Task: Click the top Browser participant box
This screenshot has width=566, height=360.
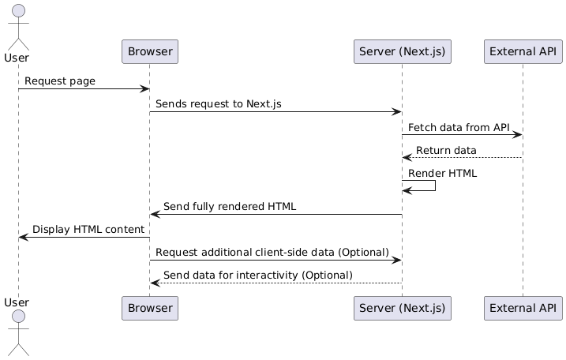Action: (150, 52)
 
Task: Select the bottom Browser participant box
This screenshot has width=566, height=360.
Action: (150, 309)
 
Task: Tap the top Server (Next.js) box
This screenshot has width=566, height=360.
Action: (403, 52)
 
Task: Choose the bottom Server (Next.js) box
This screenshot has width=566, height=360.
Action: (403, 309)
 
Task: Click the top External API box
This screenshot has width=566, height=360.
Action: (523, 52)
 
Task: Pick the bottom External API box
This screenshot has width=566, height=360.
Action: (523, 309)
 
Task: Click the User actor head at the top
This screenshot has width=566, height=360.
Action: (18, 10)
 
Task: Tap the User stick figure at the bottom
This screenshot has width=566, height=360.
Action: (18, 336)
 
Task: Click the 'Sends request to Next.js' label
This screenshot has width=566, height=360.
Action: (218, 104)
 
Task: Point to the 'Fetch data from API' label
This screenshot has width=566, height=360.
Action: (459, 127)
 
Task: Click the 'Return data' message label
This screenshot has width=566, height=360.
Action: (446, 150)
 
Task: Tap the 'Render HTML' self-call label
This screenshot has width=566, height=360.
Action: (442, 173)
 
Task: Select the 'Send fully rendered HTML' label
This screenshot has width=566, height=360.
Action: (230, 207)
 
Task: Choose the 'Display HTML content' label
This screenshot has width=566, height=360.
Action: (81, 230)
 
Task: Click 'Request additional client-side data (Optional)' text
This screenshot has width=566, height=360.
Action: (272, 252)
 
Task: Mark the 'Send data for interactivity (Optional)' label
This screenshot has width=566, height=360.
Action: (258, 275)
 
